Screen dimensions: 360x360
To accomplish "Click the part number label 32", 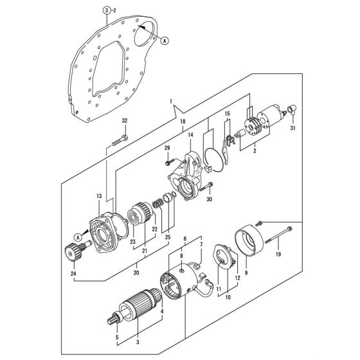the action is pos(125,121).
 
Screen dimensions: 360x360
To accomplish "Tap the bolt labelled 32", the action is pos(120,141).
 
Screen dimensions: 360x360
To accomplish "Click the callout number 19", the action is pos(278,255).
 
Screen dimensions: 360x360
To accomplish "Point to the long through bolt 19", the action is pos(278,235).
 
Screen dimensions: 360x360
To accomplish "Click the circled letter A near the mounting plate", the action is pos(165,41).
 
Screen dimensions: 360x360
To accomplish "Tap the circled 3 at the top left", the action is pos(107,10).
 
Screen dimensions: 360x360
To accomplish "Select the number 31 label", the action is pos(292,128).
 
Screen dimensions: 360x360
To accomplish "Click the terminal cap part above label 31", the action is pos(292,109).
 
